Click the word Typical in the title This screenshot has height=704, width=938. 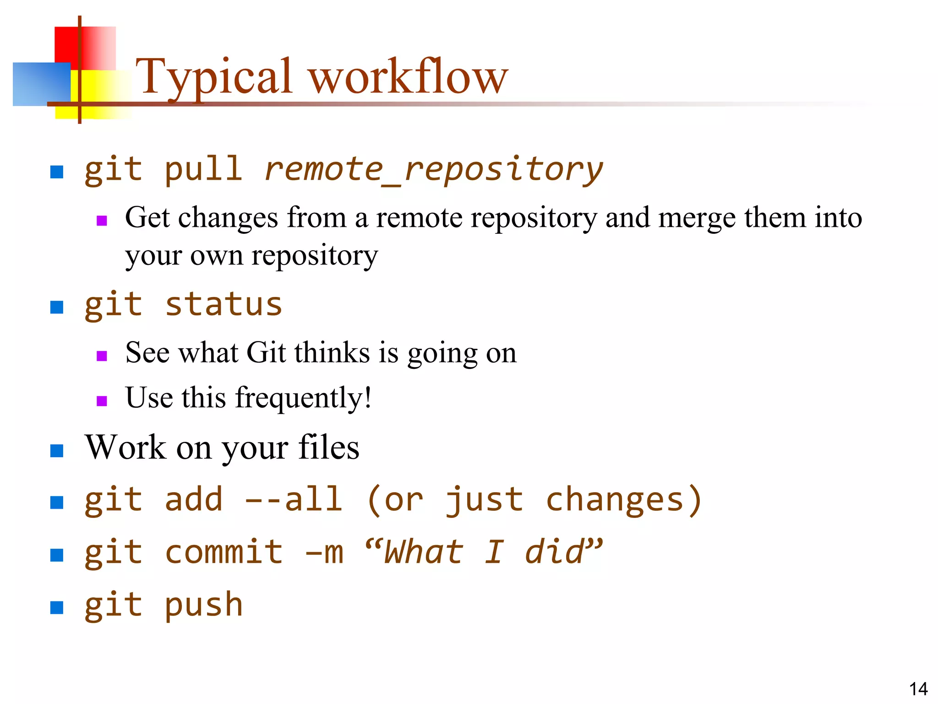213,77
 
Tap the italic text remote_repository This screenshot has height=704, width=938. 433,170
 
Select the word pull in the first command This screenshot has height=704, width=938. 203,170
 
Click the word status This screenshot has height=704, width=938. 224,305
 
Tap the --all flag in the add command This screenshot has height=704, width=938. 294,499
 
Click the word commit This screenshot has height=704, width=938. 224,552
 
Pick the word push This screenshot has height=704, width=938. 203,605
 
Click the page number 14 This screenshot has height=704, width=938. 918,689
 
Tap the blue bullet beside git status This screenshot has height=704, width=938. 56,307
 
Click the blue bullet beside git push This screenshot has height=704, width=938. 56,608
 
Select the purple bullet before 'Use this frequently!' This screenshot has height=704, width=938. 102,401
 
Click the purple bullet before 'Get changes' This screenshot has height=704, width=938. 102,221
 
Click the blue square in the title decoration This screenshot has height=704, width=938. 41,84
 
